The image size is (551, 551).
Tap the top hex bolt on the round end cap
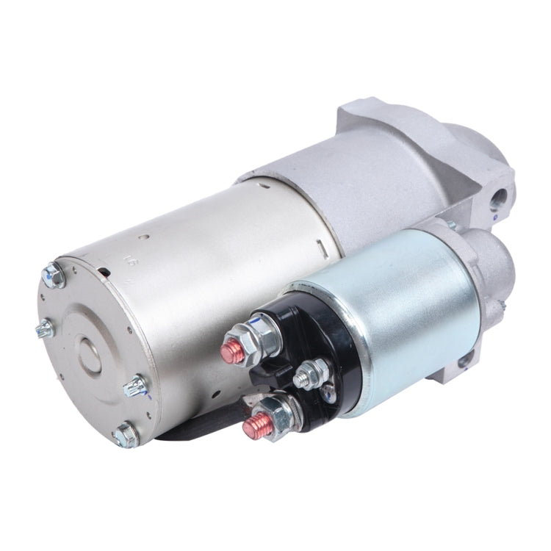(54, 275)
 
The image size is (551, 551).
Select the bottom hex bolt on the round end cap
(126, 435)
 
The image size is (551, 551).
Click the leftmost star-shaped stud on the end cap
(45, 328)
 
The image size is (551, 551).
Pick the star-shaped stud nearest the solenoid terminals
(137, 385)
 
